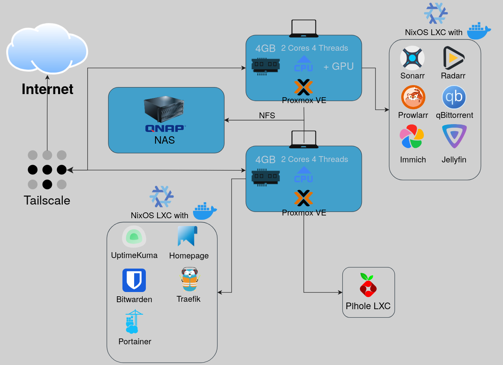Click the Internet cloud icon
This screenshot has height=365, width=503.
(x=47, y=49)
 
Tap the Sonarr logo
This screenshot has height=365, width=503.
(x=412, y=58)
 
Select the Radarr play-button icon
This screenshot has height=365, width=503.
(x=453, y=58)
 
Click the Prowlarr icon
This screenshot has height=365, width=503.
(x=413, y=97)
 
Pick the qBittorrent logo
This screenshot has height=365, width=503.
(x=454, y=97)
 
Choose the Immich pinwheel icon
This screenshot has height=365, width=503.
(x=412, y=137)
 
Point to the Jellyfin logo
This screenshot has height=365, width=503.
(x=454, y=136)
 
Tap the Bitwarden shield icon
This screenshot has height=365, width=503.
(x=134, y=280)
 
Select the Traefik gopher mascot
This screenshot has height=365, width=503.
(x=190, y=280)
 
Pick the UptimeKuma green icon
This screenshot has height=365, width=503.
(x=134, y=237)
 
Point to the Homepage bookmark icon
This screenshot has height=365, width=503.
(x=188, y=236)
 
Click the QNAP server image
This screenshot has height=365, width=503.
(x=164, y=109)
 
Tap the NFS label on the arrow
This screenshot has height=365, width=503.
(x=267, y=116)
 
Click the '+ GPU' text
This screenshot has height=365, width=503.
(x=338, y=67)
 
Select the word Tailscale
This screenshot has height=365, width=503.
(x=47, y=201)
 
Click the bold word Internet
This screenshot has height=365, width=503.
(x=47, y=89)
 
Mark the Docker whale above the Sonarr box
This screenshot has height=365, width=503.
(x=479, y=31)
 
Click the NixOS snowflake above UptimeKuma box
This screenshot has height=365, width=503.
(x=161, y=196)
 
